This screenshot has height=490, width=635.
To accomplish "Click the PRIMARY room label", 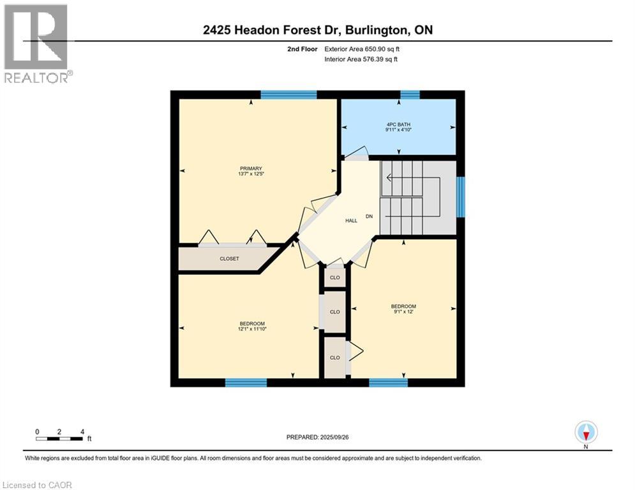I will (251, 168).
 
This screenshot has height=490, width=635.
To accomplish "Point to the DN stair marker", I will (369, 216).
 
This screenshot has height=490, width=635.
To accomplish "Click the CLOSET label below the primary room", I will (229, 259).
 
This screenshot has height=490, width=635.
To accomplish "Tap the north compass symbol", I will (586, 432).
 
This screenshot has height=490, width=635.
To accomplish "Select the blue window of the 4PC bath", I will (410, 95).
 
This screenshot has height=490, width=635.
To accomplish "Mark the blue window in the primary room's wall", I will (288, 95).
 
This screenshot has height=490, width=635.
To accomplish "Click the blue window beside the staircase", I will (461, 197).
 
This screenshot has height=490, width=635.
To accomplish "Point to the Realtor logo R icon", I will (35, 36).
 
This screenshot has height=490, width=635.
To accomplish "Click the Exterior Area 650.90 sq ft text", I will (362, 48).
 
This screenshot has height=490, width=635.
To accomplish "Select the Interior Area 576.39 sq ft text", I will (362, 60).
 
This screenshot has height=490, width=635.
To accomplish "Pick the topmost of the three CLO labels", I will (335, 278).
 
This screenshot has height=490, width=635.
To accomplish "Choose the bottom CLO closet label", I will (335, 357).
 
